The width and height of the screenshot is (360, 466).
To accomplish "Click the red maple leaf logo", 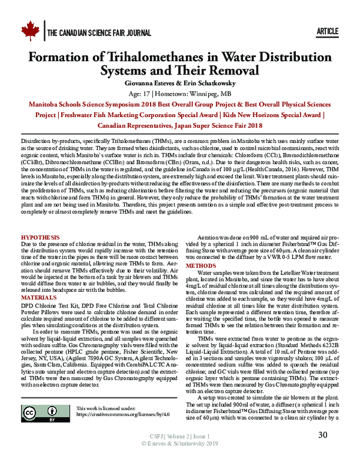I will coord(29,31).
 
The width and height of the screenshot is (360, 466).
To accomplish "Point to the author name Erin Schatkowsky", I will coord(206,83).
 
